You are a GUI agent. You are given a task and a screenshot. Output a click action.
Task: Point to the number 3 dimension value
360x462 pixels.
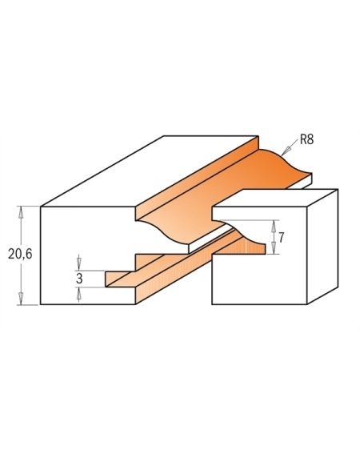click(80, 279)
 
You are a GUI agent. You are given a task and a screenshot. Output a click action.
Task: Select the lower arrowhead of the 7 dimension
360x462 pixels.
click(273, 251)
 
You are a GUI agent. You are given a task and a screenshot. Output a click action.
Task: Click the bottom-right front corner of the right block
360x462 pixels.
click(307, 304)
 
